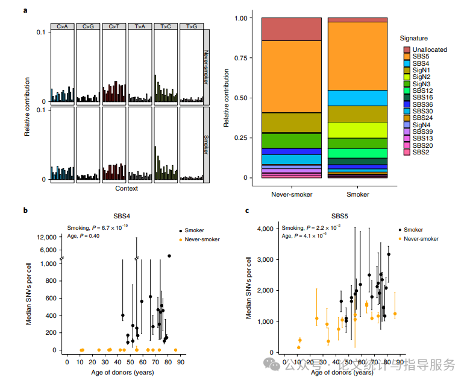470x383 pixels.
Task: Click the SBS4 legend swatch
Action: (407, 63)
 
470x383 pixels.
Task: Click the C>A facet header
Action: (63, 27)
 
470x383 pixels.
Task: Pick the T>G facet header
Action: (191, 27)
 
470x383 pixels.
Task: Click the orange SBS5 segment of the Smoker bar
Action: (357, 55)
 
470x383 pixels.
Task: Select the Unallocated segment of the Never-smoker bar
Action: (291, 29)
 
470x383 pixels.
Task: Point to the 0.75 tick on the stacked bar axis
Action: (239, 58)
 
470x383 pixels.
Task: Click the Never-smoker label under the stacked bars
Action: (291, 195)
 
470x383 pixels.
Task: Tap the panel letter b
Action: (25, 210)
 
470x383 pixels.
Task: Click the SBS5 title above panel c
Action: (342, 215)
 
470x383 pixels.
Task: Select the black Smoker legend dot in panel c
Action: (401, 230)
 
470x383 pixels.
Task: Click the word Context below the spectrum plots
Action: (127, 189)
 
